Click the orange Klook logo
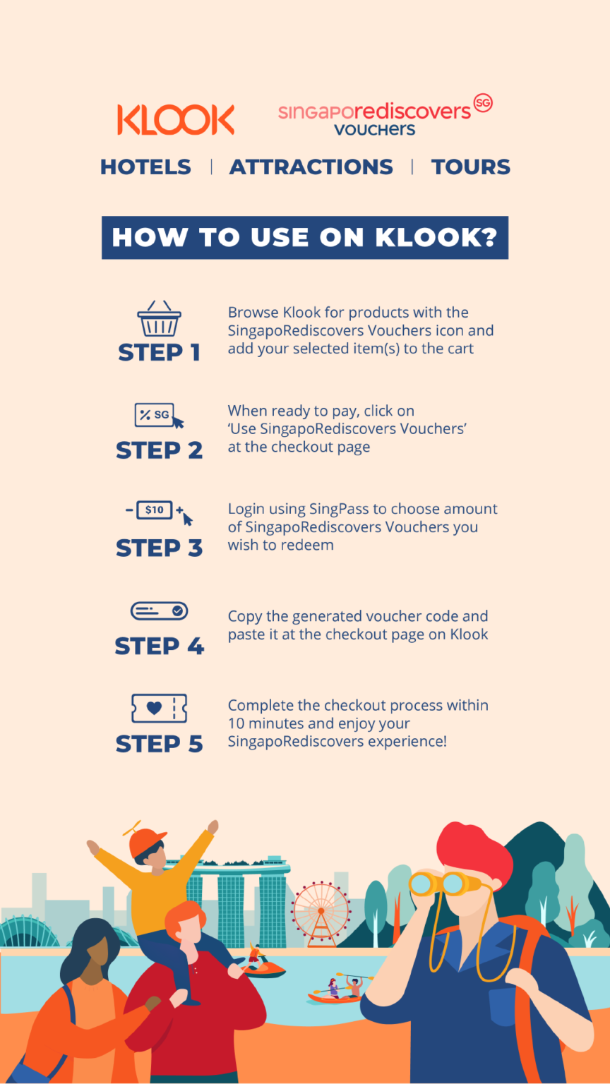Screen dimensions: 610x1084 (176, 119)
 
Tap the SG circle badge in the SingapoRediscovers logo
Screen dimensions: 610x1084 (483, 102)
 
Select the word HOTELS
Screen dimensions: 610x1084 (145, 167)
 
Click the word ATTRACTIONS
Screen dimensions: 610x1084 (311, 167)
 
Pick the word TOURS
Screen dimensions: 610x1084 (471, 167)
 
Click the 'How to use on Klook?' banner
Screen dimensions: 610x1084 (305, 238)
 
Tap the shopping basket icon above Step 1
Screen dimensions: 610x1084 (160, 318)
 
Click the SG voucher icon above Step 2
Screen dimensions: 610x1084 (160, 415)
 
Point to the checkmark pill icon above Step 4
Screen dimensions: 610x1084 (160, 610)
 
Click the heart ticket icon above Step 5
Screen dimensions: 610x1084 (160, 709)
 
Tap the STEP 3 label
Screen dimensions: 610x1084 (160, 548)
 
